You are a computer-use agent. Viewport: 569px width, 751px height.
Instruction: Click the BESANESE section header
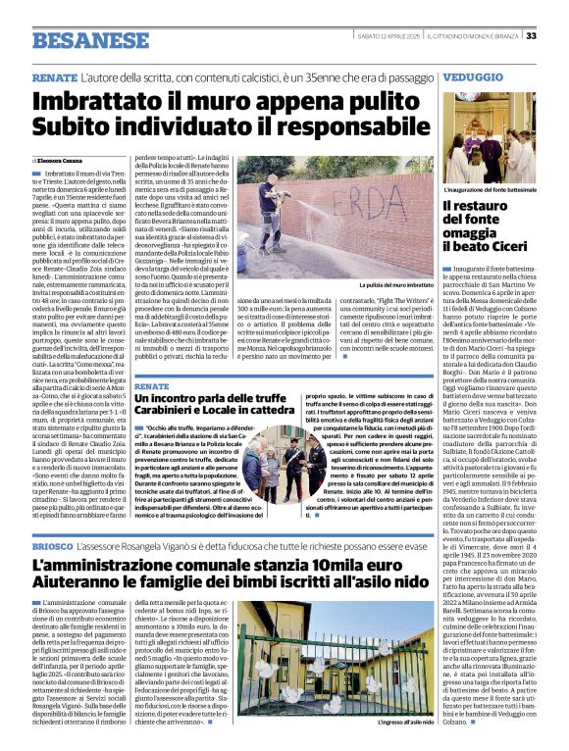coord(89,39)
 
